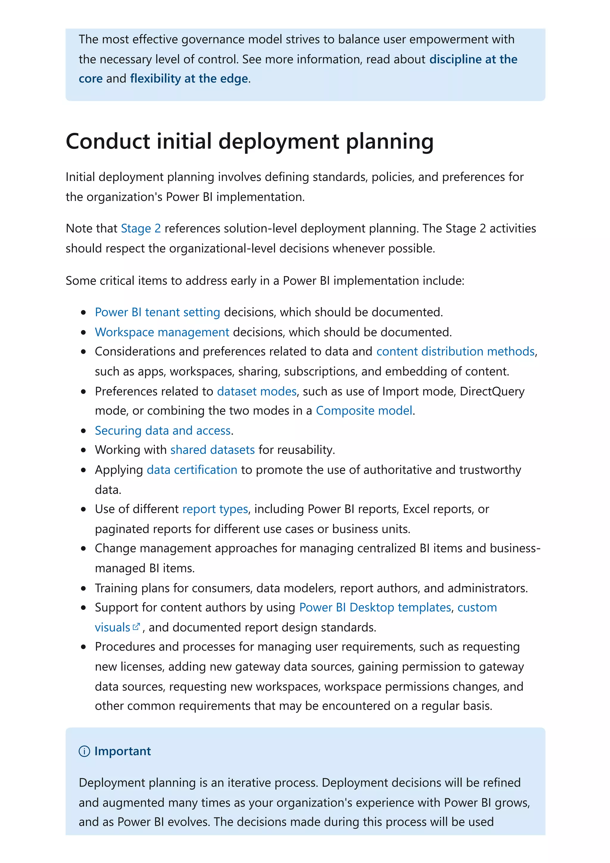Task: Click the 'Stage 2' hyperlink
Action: pyautogui.click(x=141, y=228)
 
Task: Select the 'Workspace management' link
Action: pyautogui.click(x=162, y=332)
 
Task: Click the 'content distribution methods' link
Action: pyautogui.click(x=455, y=351)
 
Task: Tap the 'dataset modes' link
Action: pyautogui.click(x=257, y=392)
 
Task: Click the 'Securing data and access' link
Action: pyautogui.click(x=162, y=431)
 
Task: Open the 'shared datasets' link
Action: pyautogui.click(x=212, y=450)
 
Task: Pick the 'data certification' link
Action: pyautogui.click(x=192, y=470)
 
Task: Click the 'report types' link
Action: pyautogui.click(x=215, y=509)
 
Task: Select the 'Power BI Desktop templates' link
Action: pyautogui.click(x=375, y=608)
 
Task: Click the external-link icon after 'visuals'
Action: pyautogui.click(x=136, y=627)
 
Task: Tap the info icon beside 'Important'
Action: pyautogui.click(x=84, y=751)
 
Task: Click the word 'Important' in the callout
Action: pyautogui.click(x=122, y=751)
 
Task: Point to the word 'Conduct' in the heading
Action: pyautogui.click(x=108, y=142)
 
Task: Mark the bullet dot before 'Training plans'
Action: pyautogui.click(x=83, y=589)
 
